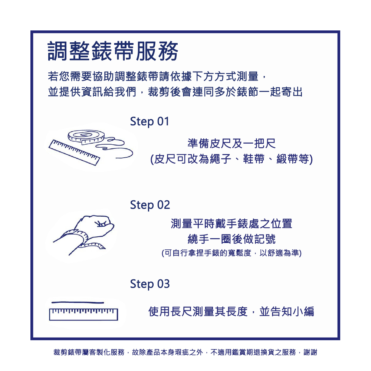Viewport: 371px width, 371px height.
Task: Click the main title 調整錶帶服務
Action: click(x=113, y=51)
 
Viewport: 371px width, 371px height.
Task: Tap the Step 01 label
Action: click(x=149, y=121)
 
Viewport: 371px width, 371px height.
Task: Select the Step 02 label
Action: click(x=150, y=205)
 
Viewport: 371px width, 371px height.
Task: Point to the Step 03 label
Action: click(x=150, y=284)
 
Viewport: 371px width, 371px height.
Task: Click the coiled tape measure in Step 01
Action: click(x=86, y=137)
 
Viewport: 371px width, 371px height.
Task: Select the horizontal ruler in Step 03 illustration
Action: click(x=83, y=314)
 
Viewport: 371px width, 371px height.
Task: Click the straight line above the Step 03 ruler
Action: click(x=78, y=302)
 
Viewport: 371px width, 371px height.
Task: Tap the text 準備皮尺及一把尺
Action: click(x=232, y=143)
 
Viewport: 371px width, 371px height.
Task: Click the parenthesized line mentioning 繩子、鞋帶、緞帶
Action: click(x=232, y=160)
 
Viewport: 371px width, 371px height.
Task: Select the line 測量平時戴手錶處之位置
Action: click(x=232, y=224)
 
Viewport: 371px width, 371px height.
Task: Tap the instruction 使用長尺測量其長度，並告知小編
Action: click(x=232, y=311)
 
